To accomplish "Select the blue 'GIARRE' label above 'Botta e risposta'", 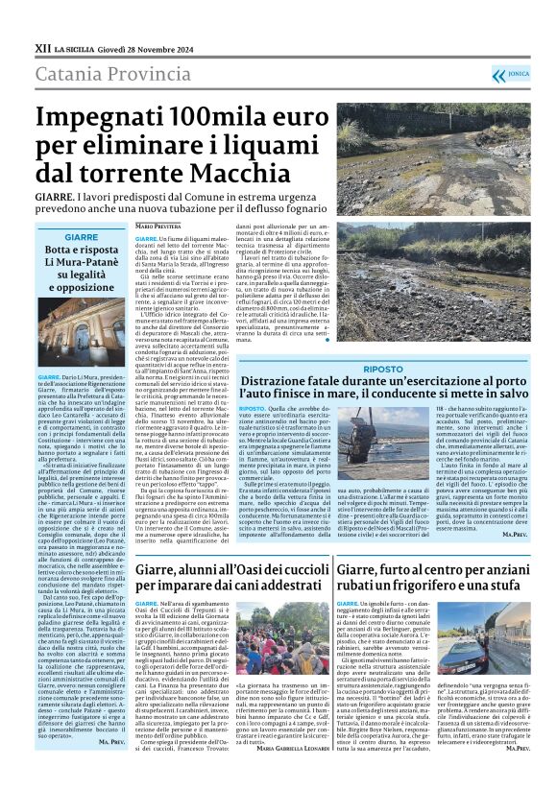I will [80, 236].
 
